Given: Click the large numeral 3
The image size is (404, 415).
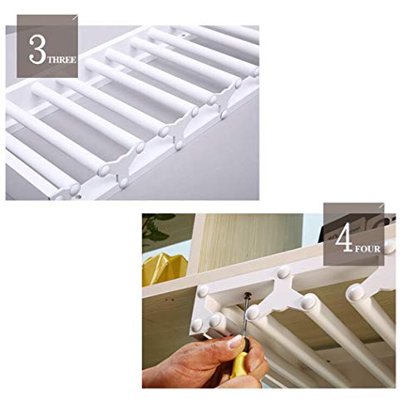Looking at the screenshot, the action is coord(37,50).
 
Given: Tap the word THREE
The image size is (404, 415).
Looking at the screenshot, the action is coord(62,60).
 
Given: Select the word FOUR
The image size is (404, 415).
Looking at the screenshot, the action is coord(367,249).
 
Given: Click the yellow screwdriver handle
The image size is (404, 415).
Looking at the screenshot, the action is coord(239,364).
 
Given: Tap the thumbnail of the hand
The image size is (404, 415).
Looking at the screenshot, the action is coord(236,341).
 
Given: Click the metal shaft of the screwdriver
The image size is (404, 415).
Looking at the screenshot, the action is coord(245,317).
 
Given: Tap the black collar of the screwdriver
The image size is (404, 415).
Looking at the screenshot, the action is coord(245,346).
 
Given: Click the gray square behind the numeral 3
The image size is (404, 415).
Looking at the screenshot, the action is coord(47,46).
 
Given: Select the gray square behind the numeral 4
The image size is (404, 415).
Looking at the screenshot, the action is coord(354,234).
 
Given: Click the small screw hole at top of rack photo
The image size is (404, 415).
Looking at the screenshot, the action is coord(183,36).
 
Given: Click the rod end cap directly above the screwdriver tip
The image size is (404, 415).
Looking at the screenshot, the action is coord(254,313).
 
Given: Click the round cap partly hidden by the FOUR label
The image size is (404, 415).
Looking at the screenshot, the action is coord(389,247).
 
